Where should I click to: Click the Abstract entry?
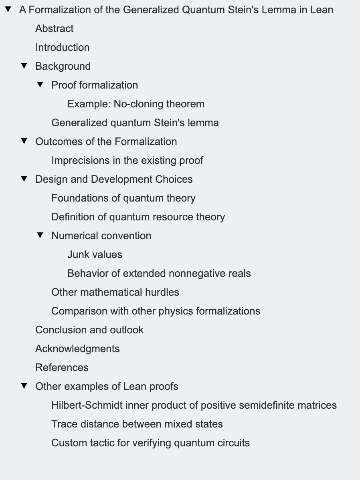[54, 28]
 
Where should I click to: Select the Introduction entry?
[62, 47]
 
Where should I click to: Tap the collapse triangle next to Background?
[24, 66]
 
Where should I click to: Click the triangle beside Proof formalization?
[40, 85]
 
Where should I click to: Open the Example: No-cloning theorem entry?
[136, 104]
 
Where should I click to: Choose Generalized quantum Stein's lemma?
[135, 123]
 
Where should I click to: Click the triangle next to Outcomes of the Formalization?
[24, 141]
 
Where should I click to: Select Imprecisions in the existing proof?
[127, 160]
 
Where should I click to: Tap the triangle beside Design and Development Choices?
[24, 179]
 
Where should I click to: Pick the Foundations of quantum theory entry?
[123, 198]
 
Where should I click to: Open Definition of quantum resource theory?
[138, 217]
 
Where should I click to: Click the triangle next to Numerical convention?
[40, 235]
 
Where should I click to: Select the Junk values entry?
[95, 254]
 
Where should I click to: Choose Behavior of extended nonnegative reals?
[159, 273]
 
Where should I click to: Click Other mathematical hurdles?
[115, 292]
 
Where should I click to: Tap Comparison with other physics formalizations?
[156, 311]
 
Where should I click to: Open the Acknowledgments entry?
[77, 349]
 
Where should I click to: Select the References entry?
[62, 367]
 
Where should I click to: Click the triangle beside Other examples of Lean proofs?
[24, 386]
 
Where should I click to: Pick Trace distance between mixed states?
[137, 424]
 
